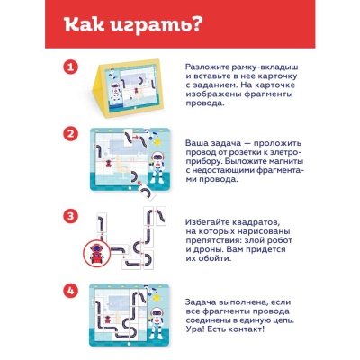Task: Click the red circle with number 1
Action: pos(70,67)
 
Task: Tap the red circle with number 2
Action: pos(70,134)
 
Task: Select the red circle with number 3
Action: pos(70,216)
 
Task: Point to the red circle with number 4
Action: pos(70,291)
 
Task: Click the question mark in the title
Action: pos(195,24)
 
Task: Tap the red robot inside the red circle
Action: pos(97,254)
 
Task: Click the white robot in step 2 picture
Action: pos(157,167)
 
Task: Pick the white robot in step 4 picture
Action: pos(157,323)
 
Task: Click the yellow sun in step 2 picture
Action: pos(157,141)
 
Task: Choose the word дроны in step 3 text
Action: pos(208,249)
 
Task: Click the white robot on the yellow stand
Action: pos(115,94)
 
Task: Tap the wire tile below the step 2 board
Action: pos(147,192)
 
